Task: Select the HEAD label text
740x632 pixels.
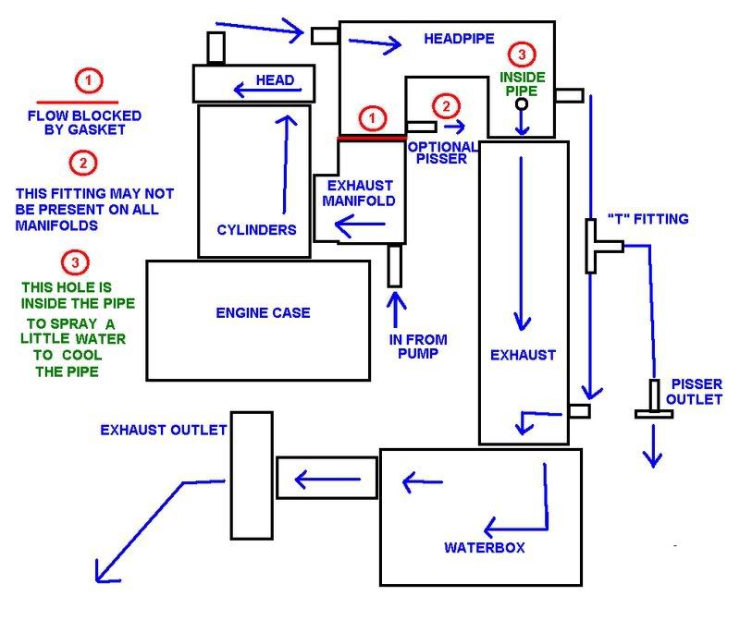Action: point(277,80)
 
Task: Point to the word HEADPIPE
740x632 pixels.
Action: point(459,39)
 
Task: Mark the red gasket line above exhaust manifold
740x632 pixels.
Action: point(373,138)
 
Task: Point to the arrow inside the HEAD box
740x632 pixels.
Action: point(251,89)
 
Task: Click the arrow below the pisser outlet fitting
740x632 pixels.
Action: point(655,444)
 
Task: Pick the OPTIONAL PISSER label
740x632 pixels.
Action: point(442,152)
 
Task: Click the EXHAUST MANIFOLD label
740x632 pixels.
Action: point(366,193)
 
